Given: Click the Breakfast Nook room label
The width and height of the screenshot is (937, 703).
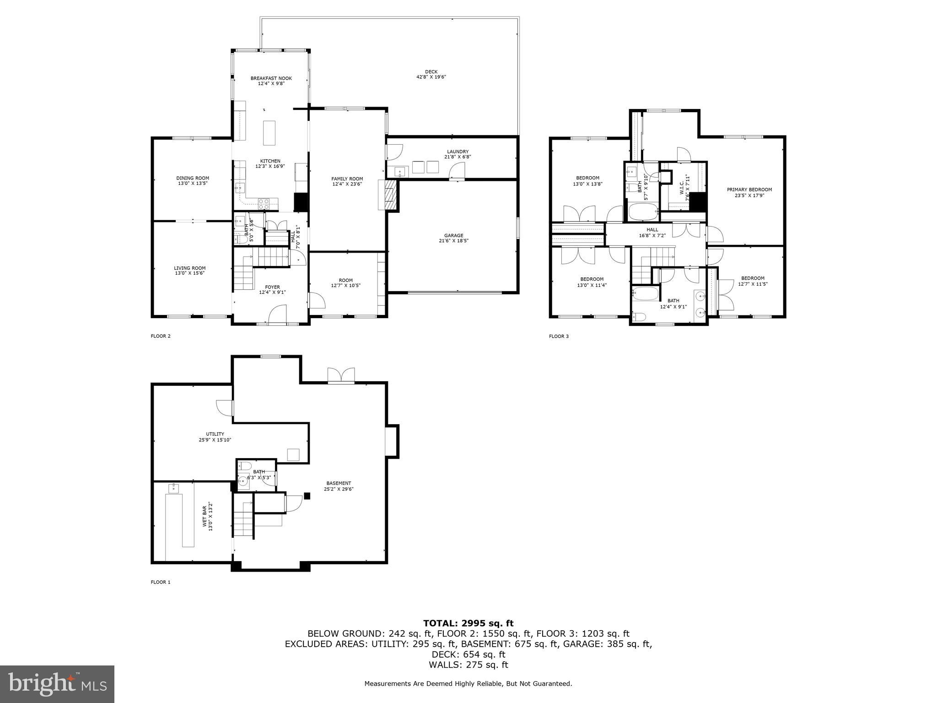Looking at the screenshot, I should pos(271,78).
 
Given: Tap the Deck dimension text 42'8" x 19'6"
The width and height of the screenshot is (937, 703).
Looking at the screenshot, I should pos(431,77).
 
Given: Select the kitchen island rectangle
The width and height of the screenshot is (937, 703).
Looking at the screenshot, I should pos(269,132).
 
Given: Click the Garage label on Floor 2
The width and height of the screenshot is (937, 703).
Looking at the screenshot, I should pos(453,236).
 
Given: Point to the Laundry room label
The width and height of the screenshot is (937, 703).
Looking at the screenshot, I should pos(458,151).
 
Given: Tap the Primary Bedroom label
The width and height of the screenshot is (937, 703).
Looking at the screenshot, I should pos(749,189).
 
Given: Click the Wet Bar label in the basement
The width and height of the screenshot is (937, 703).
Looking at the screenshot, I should pos(205,517).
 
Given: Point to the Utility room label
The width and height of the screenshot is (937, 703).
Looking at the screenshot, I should pos(215,434).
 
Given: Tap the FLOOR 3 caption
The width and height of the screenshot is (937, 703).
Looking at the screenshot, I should pos(559,336).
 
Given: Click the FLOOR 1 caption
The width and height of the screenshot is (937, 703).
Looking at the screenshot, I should pos(160,582).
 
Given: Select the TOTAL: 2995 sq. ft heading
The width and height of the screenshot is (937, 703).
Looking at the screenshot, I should pos(468,623).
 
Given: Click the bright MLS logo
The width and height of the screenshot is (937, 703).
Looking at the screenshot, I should pos(57,684).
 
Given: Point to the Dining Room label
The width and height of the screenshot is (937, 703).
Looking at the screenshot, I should pos(193,178).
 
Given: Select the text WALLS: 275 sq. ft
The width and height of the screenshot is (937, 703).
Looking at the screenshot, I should pos(468,665).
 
